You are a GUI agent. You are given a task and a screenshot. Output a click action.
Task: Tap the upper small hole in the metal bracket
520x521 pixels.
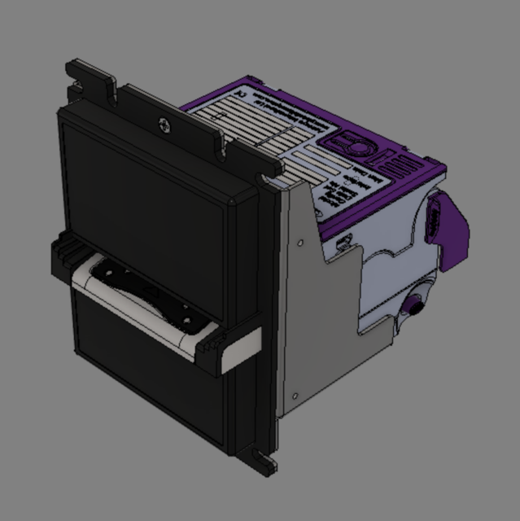(302, 243)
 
